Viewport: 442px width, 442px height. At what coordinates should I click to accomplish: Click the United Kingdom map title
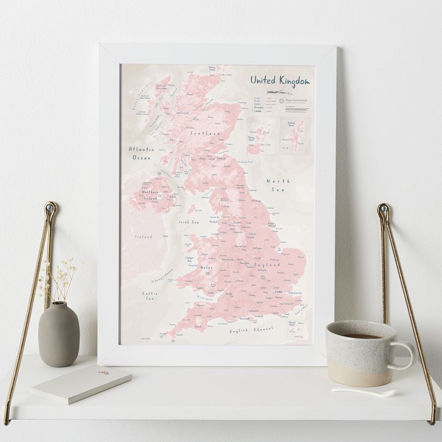279,80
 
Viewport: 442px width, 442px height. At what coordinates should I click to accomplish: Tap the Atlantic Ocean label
141,153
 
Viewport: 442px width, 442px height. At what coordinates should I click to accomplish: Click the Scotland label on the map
205,133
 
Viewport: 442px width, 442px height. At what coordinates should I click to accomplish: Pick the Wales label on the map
207,267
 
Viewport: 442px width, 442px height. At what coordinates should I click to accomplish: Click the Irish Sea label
189,223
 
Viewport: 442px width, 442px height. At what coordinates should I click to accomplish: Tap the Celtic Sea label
150,296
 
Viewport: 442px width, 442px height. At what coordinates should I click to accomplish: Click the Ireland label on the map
144,237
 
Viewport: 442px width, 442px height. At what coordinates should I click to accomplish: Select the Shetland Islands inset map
295,135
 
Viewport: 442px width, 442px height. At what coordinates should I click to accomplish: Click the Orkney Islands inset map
260,135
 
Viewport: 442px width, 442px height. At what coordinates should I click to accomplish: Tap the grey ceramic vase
58,333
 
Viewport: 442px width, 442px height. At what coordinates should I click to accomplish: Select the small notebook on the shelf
81,384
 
